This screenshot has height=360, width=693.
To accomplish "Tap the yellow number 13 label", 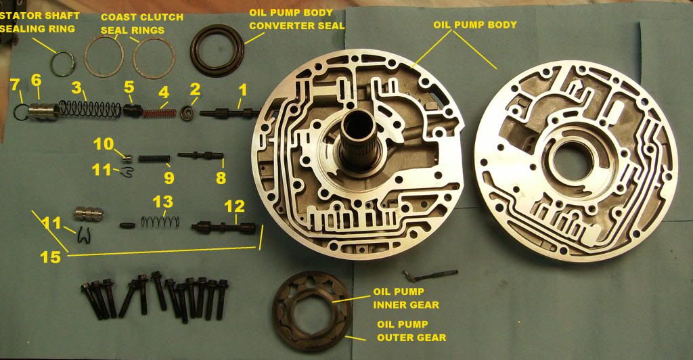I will (x=163, y=202).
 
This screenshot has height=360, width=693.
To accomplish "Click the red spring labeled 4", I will (x=158, y=112).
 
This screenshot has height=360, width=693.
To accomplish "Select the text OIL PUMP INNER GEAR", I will (x=406, y=298).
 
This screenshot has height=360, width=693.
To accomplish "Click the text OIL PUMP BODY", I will (x=474, y=25).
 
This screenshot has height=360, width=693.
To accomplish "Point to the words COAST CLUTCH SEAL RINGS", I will (x=141, y=24).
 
